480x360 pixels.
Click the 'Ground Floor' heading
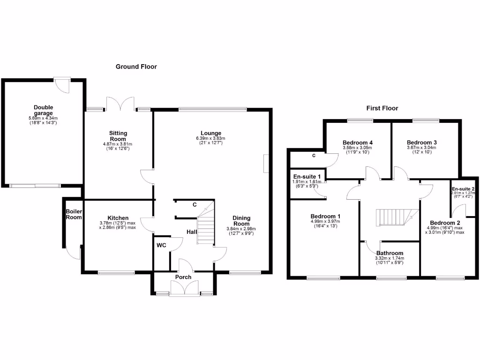(136, 67)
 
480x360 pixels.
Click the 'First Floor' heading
(382, 108)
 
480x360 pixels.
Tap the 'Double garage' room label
(43, 110)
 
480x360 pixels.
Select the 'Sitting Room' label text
(118, 136)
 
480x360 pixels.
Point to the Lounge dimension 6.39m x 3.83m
(211, 138)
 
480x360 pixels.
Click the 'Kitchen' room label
(118, 218)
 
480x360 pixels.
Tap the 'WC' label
(161, 245)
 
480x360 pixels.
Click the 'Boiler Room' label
(74, 214)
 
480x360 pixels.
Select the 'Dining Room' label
(241, 221)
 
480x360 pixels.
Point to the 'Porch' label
(183, 277)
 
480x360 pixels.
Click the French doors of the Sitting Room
(120, 104)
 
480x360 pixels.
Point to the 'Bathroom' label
(390, 253)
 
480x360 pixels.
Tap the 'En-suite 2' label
(464, 188)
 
